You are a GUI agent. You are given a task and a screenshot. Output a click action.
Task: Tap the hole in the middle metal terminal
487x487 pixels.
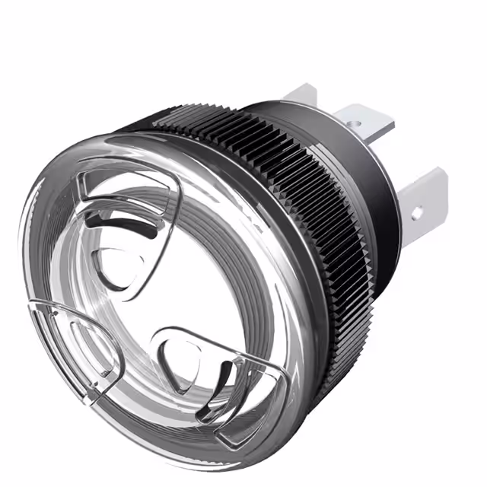[352, 122]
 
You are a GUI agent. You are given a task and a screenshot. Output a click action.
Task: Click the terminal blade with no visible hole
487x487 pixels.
[301, 96]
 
